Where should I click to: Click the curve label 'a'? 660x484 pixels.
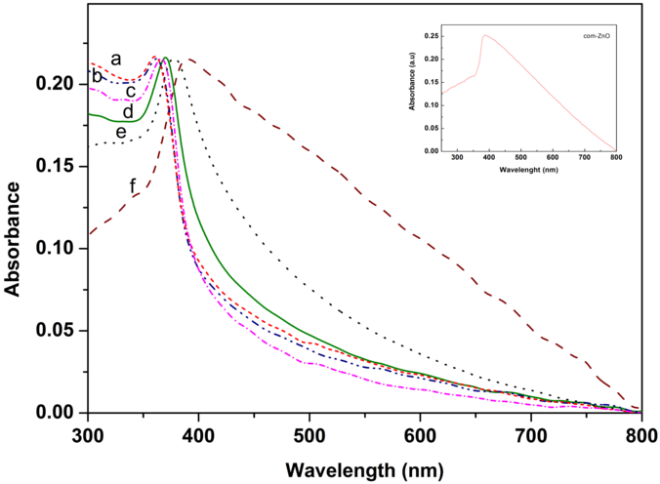pos(116,59)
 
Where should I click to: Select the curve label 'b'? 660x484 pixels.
pos(98,76)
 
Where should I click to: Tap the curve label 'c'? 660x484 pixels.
pos(115,92)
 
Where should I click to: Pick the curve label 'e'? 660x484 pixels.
pos(121,132)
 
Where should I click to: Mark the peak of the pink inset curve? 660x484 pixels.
pos(484,35)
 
